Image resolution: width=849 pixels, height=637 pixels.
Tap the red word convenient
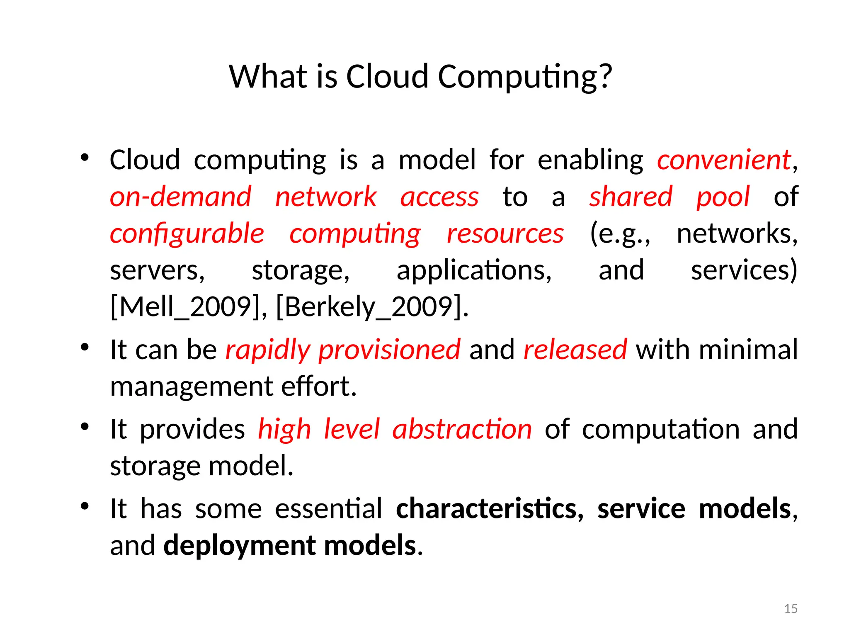(x=724, y=160)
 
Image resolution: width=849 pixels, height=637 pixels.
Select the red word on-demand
(x=181, y=197)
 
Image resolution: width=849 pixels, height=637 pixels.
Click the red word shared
(x=631, y=197)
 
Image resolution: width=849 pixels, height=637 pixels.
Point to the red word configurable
(x=187, y=233)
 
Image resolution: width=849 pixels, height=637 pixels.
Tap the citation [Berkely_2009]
(x=371, y=307)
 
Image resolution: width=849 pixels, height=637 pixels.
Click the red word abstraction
(x=462, y=429)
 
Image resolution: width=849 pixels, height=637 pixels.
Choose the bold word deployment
(x=240, y=545)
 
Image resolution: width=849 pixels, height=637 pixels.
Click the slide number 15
(x=791, y=609)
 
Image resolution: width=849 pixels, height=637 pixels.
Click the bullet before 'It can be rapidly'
(x=85, y=347)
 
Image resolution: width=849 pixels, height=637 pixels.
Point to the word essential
(x=328, y=509)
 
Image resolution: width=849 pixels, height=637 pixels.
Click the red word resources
(x=505, y=233)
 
